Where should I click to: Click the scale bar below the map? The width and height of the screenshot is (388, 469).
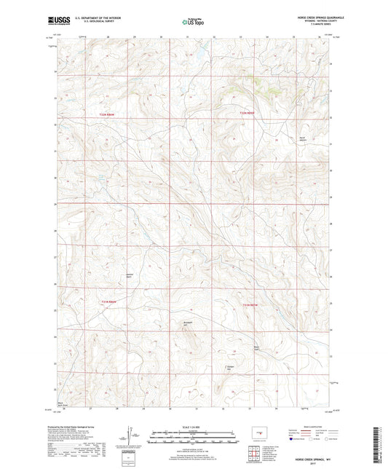tap(194, 439)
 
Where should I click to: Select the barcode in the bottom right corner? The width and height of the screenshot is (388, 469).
tap(381, 444)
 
